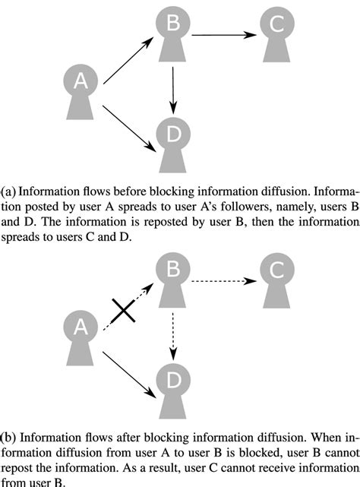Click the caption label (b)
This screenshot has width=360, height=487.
click(x=8, y=438)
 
